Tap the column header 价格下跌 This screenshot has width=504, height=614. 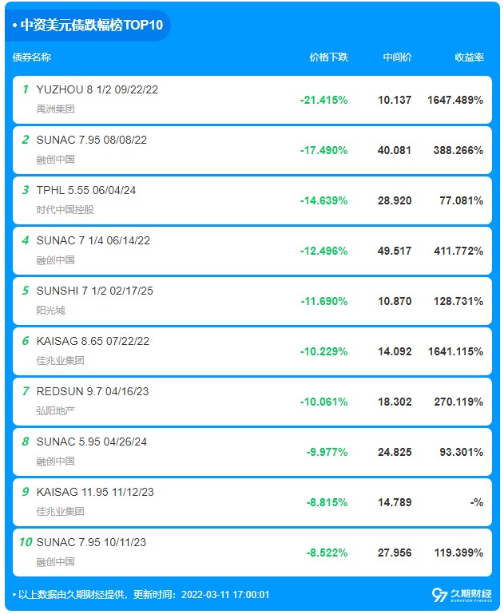[328, 57]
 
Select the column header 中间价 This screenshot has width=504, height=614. [397, 57]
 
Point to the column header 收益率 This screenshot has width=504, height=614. [469, 57]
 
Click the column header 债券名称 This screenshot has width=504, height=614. [32, 57]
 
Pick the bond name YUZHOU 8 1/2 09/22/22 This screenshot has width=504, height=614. [97, 89]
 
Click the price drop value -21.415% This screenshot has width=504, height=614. [323, 100]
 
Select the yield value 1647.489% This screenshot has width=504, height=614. [455, 100]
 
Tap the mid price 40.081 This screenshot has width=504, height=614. [395, 150]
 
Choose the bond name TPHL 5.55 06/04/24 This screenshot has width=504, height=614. [86, 190]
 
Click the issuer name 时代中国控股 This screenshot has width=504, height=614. [65, 209]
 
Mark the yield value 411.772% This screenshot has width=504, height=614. [458, 251]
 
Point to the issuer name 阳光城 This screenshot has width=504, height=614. [51, 310]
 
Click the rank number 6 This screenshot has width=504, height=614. [26, 341]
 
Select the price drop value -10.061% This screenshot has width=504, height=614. [323, 402]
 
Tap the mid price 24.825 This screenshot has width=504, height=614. [395, 452]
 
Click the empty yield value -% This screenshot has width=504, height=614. [477, 502]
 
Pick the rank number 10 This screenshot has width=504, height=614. [26, 542]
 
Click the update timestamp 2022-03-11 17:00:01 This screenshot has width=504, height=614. [225, 594]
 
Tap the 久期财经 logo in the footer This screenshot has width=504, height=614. [462, 595]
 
